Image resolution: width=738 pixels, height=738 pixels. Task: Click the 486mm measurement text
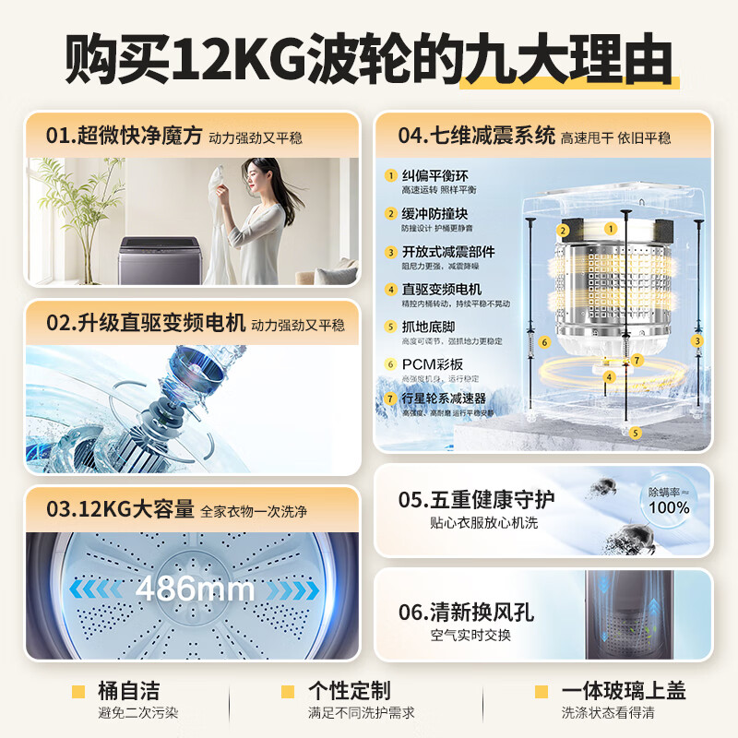[x=195, y=589]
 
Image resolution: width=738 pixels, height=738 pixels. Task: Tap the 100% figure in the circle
[x=669, y=507]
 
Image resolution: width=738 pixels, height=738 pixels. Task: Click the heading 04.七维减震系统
[x=476, y=137]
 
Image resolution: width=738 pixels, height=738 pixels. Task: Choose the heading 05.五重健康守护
[x=477, y=500]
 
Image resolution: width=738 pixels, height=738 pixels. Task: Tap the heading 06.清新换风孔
[x=466, y=612]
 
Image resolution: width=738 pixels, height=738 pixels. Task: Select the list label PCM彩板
[x=433, y=364]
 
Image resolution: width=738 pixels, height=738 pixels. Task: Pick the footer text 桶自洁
[x=127, y=690]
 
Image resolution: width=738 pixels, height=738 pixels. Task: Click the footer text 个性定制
[x=349, y=690]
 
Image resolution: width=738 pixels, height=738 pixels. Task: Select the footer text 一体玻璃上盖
[x=623, y=690]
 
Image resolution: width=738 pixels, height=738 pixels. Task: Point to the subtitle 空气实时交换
[x=470, y=636]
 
